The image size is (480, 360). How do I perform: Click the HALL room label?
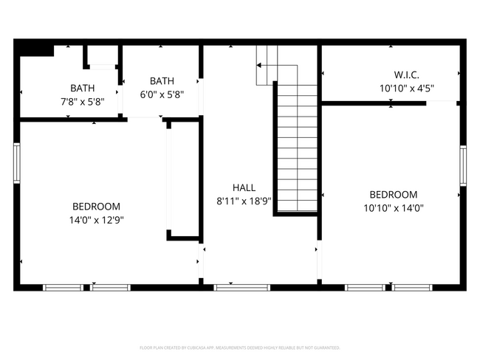click(x=244, y=187)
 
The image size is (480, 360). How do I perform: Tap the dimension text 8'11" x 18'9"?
click(x=244, y=201)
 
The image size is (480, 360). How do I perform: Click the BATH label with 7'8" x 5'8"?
click(x=82, y=88)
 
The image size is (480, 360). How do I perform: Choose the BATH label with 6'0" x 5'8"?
click(x=162, y=81)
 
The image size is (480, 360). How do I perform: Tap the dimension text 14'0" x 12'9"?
click(x=96, y=219)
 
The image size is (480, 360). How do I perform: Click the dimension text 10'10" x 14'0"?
click(x=393, y=207)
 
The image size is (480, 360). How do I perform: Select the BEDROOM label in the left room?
click(x=96, y=207)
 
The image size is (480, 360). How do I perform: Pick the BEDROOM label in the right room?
click(x=393, y=195)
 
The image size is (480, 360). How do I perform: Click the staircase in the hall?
click(x=295, y=148)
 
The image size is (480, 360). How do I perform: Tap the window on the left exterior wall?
click(x=16, y=162)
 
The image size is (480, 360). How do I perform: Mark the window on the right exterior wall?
click(x=463, y=168)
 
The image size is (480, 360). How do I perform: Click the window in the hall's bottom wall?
click(x=232, y=287)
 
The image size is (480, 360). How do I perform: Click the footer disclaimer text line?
click(x=240, y=347)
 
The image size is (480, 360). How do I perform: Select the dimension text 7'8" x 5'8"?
click(x=82, y=101)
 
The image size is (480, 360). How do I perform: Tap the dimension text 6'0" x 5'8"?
click(x=162, y=94)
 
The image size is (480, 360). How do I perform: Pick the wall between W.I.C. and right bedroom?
click(x=373, y=103)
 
